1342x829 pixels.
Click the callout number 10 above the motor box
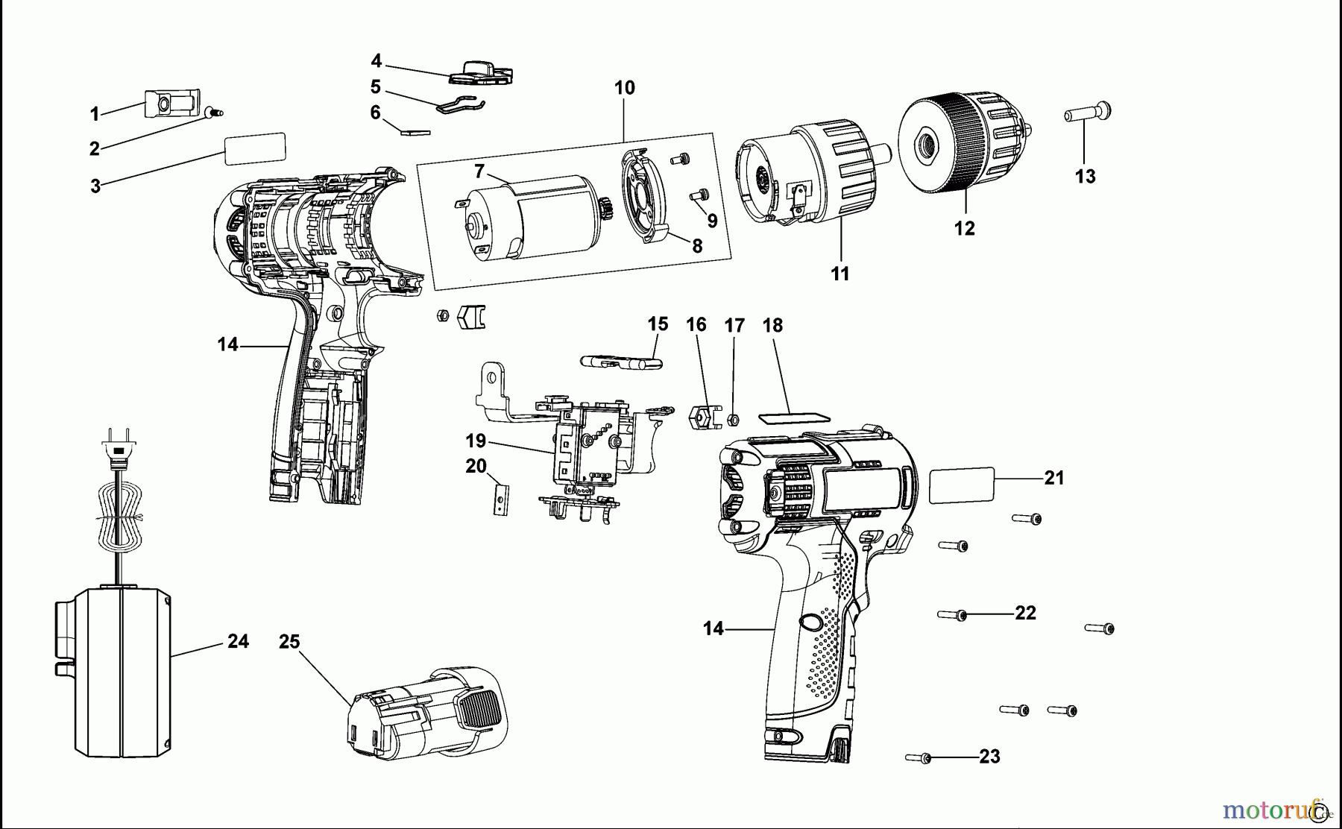click(x=624, y=88)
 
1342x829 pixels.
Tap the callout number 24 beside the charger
click(x=238, y=641)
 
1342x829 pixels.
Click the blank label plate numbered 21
click(x=962, y=485)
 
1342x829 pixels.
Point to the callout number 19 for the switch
click(x=476, y=441)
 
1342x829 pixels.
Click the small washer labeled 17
click(x=733, y=420)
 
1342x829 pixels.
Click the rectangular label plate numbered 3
click(x=254, y=148)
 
